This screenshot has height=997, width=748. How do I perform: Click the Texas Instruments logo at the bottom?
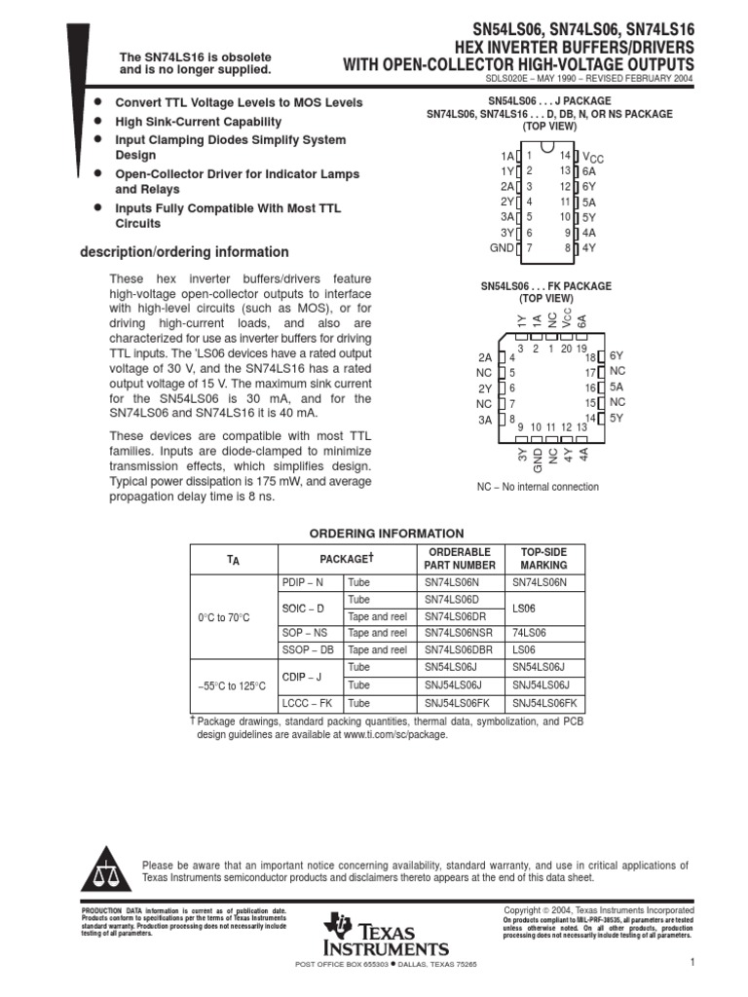(x=388, y=935)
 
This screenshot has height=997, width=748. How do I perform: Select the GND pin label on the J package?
(x=502, y=248)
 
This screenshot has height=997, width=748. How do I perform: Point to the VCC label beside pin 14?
(x=593, y=157)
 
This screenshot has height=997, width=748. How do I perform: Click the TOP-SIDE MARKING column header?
(x=543, y=559)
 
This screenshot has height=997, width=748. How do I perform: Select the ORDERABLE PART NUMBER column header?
(x=461, y=559)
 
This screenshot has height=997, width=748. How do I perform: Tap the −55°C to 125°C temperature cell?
(x=234, y=685)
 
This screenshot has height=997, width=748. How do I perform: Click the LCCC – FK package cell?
(x=307, y=703)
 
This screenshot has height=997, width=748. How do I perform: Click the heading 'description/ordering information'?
(x=183, y=252)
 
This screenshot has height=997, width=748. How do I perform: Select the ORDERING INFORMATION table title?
(x=387, y=534)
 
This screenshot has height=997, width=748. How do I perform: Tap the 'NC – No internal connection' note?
(x=538, y=487)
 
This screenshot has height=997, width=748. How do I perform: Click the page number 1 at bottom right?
(x=690, y=963)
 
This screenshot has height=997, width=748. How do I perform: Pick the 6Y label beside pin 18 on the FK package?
(x=617, y=357)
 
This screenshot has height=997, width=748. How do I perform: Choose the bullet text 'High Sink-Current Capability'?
(x=199, y=122)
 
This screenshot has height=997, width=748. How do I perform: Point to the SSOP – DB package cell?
(x=308, y=649)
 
